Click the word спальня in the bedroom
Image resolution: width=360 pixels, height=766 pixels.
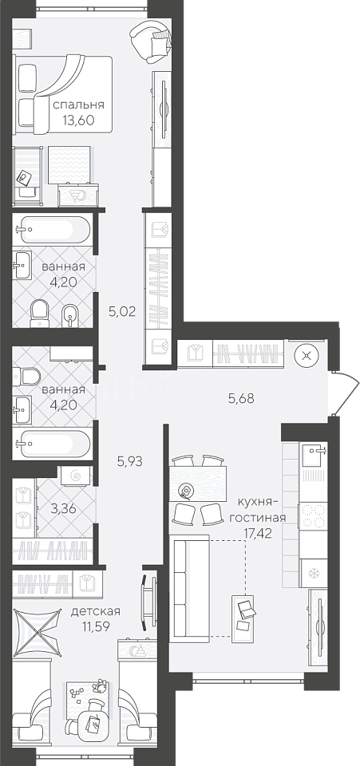pos(78,105)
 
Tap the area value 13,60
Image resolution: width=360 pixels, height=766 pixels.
pos(78,120)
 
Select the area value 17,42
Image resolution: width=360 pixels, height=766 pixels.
pos(257,532)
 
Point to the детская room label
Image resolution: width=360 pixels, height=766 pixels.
pos(96,611)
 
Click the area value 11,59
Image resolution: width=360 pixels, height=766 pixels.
pos(96,626)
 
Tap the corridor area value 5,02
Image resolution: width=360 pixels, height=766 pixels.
pos(122,310)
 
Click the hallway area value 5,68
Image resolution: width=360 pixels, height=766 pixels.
pos(243,399)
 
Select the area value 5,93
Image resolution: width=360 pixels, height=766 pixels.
pos(129,460)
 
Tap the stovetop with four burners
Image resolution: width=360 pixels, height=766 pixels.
pos(313,516)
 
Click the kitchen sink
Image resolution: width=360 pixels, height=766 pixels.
pos(314,456)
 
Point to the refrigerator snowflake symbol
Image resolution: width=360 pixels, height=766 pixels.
pos(313,573)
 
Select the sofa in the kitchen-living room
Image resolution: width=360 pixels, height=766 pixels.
pos(188,586)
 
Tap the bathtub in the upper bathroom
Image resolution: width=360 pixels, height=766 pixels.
pos(52,229)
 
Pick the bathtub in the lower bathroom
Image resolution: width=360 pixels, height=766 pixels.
pos(52,444)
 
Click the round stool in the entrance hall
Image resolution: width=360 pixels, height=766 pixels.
pos(307,356)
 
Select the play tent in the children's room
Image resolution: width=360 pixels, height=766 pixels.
pos(38,630)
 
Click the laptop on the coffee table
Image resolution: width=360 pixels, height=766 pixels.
pos(245,608)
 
